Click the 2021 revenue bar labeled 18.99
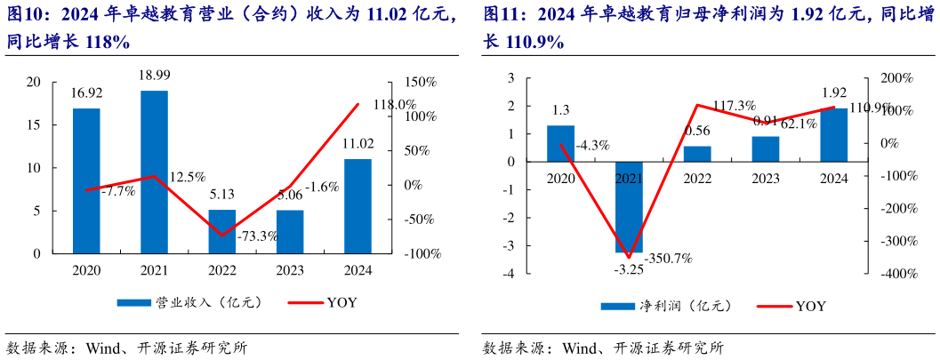(x=154, y=172)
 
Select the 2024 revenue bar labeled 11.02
(x=358, y=206)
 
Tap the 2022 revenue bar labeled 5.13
(x=222, y=231)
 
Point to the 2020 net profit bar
(x=560, y=143)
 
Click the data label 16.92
(x=86, y=92)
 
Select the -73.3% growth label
(x=257, y=236)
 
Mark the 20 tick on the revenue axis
(x=34, y=83)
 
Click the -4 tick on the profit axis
(x=509, y=274)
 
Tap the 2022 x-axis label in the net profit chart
(x=697, y=178)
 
